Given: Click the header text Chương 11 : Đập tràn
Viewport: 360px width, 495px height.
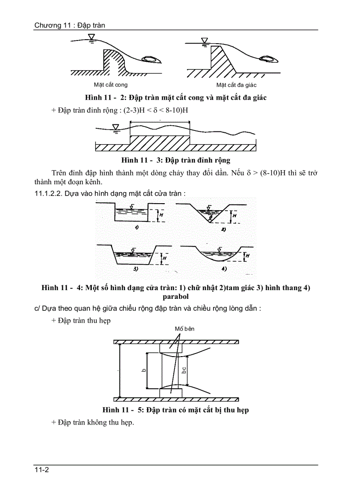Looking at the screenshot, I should [x=70, y=25].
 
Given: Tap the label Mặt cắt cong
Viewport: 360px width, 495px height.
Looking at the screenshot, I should [x=111, y=85].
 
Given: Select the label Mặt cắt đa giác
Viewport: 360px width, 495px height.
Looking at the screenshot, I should [x=236, y=85].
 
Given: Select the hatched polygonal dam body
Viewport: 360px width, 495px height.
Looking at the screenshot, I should [x=221, y=62].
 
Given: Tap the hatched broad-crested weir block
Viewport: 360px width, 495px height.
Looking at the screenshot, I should [x=160, y=143].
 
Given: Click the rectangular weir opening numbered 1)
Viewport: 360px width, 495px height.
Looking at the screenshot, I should [x=131, y=214].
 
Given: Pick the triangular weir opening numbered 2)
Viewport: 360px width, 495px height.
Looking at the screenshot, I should [x=210, y=214].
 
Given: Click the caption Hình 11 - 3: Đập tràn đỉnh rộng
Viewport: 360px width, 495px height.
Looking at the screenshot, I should [x=176, y=160].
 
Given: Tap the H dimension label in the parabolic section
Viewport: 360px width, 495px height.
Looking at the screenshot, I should [x=247, y=256].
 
